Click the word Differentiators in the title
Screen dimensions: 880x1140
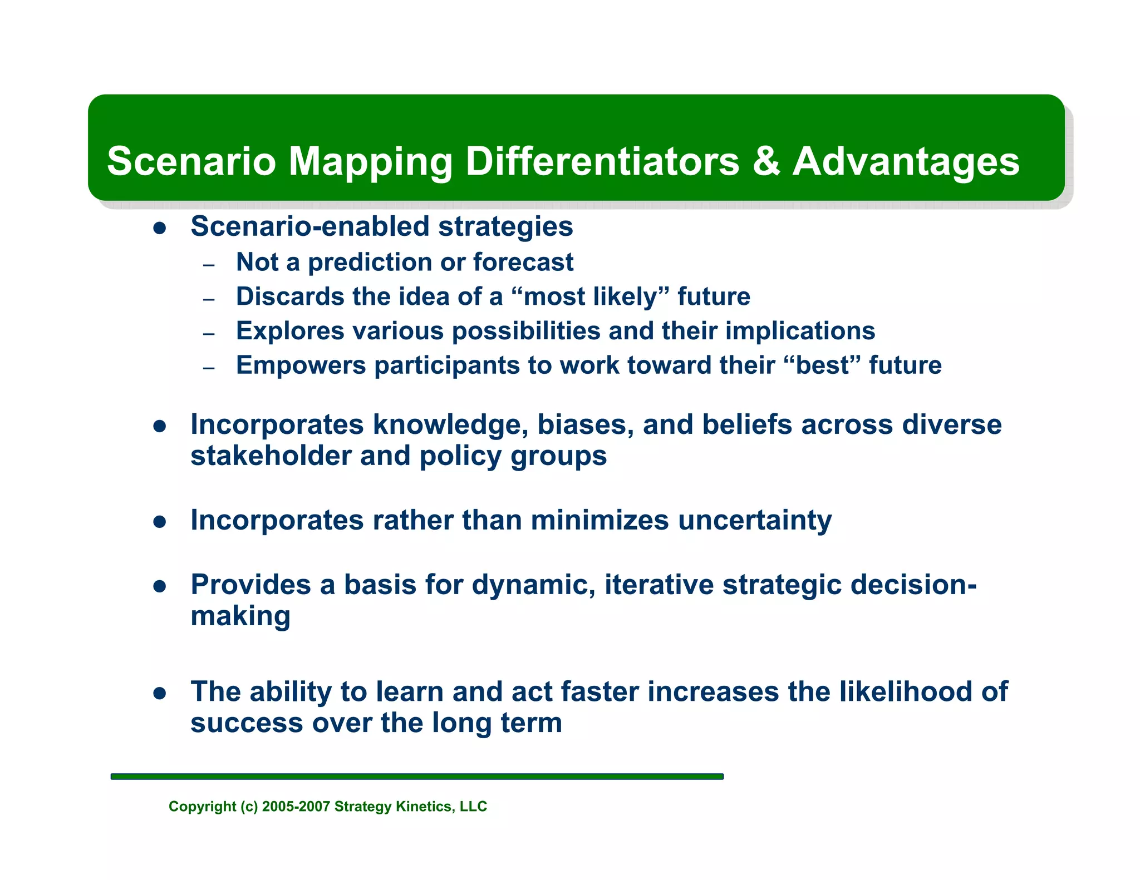pyautogui.click(x=602, y=161)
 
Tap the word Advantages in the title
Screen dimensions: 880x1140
pyautogui.click(x=906, y=161)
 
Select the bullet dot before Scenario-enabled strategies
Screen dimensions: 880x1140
pyautogui.click(x=160, y=228)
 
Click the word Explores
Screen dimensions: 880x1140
pyautogui.click(x=290, y=331)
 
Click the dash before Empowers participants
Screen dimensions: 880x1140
pyautogui.click(x=209, y=368)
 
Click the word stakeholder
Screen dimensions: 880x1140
pyautogui.click(x=271, y=456)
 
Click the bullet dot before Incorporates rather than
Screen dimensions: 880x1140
pyautogui.click(x=160, y=522)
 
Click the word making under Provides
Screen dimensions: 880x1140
pyautogui.click(x=240, y=616)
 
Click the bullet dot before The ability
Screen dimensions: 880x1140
pyautogui.click(x=160, y=693)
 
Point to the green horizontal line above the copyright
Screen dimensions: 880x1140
pyautogui.click(x=417, y=776)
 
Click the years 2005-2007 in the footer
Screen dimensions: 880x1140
pyautogui.click(x=296, y=807)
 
